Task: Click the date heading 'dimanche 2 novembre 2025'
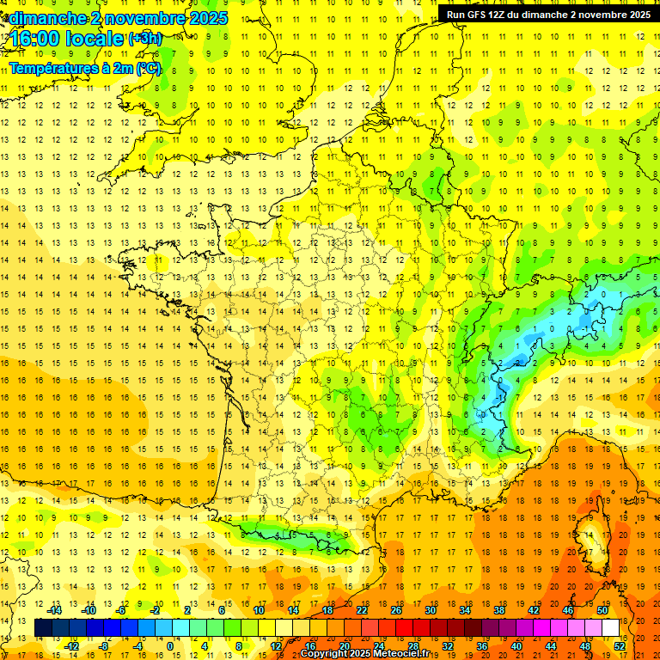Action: point(119,18)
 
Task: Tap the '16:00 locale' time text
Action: point(67,39)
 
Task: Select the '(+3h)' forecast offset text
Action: point(144,39)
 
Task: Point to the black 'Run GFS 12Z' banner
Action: point(548,14)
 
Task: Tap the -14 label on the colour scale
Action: point(55,610)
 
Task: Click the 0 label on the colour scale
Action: point(170,646)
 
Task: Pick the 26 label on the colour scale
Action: point(396,610)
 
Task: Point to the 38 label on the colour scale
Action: point(499,610)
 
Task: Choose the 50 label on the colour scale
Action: point(602,610)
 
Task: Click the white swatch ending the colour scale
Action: point(611,628)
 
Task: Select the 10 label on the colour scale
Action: point(259,610)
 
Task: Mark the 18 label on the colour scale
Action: point(327,610)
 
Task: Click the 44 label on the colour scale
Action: point(551,646)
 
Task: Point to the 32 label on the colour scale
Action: point(448,646)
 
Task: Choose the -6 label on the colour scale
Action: point(121,610)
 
